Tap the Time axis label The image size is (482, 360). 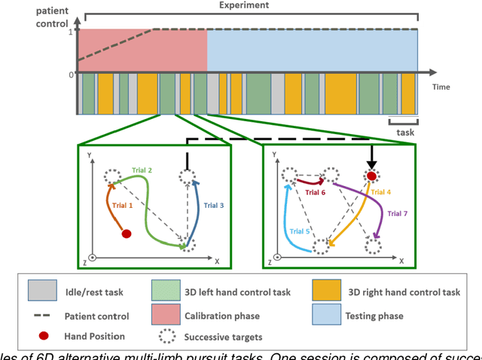[x=441, y=87]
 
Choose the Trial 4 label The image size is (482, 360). [x=380, y=192]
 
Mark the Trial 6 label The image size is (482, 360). [x=315, y=193]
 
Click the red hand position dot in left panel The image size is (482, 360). [x=127, y=233]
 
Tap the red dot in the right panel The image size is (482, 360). [x=371, y=176]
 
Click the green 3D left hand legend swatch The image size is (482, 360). [x=165, y=290]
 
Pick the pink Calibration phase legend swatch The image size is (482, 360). [x=165, y=316]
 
